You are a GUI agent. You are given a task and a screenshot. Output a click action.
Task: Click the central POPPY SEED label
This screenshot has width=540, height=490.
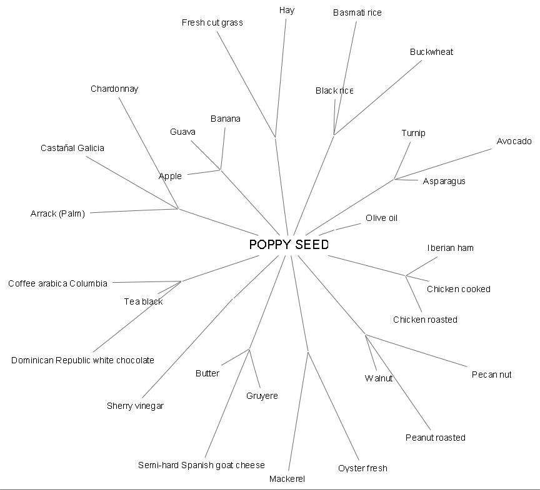[x=288, y=245]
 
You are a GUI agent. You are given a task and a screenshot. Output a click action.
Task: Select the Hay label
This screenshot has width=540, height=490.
[x=287, y=10]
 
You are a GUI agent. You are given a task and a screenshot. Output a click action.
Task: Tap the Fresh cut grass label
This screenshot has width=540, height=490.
[x=212, y=22]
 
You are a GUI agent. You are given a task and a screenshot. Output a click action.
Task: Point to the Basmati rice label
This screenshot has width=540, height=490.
[x=357, y=12]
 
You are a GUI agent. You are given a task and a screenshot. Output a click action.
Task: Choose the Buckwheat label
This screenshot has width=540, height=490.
[x=431, y=52]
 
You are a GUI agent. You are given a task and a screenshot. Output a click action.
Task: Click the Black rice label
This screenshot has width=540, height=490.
[x=334, y=91]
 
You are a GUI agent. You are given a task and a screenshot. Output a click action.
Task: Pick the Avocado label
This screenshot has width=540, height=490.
[x=514, y=141]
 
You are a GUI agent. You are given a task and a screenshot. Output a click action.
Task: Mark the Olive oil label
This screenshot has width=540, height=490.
[x=381, y=218]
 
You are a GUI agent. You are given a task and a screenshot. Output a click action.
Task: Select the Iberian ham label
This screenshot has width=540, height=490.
[x=450, y=248]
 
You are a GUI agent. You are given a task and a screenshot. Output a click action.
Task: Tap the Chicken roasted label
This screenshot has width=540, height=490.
[x=425, y=320]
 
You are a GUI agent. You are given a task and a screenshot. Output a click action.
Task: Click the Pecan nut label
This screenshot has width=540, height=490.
[x=491, y=375]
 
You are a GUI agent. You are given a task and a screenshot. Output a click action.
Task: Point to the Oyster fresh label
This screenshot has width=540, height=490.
[x=362, y=468]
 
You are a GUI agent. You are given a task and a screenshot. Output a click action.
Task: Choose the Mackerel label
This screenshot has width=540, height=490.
[x=287, y=479]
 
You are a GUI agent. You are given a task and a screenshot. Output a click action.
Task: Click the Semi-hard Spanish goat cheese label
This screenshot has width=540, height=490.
[x=201, y=465]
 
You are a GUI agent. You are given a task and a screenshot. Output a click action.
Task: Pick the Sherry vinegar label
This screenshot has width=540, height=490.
[x=135, y=406]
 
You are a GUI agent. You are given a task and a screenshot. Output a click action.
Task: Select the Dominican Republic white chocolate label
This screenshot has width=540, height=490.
[x=82, y=360]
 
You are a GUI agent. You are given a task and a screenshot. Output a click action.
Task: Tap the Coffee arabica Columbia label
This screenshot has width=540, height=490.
[x=57, y=283]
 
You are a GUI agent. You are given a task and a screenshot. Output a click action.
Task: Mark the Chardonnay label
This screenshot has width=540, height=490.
[x=114, y=89]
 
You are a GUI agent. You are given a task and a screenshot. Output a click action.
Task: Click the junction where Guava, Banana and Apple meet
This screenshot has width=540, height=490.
[x=220, y=169]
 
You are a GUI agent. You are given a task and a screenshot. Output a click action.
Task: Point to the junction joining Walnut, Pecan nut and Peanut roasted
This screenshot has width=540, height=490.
[x=366, y=335]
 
